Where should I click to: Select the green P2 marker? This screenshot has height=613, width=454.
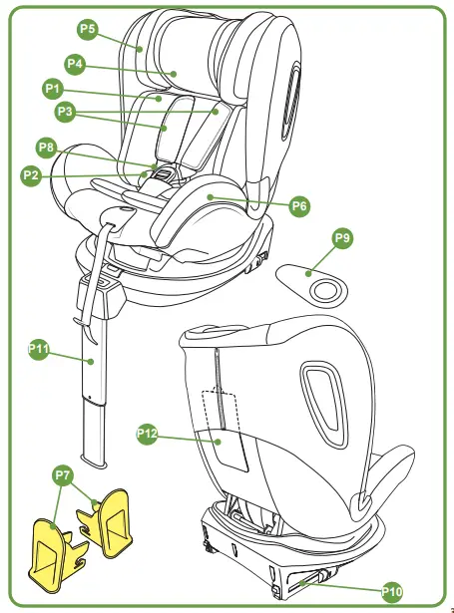[x=32, y=174]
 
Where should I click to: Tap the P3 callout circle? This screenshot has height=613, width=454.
[x=66, y=113]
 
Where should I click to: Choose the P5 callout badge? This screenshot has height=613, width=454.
[x=87, y=30]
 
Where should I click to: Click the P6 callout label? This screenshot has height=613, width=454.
[x=299, y=206]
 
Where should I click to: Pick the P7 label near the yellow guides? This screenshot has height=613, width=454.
[x=63, y=476]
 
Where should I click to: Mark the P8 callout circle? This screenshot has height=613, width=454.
[x=46, y=148]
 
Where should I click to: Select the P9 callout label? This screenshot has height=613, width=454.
[x=342, y=238]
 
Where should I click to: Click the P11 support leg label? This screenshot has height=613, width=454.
[x=38, y=349]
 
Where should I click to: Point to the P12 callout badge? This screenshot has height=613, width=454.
[x=147, y=434]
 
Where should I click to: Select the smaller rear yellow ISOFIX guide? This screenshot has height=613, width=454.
[x=113, y=518]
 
